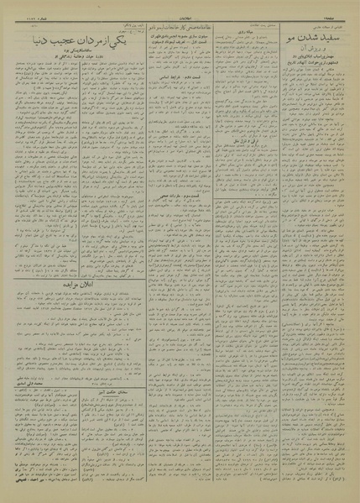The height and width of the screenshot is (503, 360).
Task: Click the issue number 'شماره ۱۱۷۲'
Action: [x=25, y=6]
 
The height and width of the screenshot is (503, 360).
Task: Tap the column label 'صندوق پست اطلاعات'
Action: [x=253, y=18]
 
